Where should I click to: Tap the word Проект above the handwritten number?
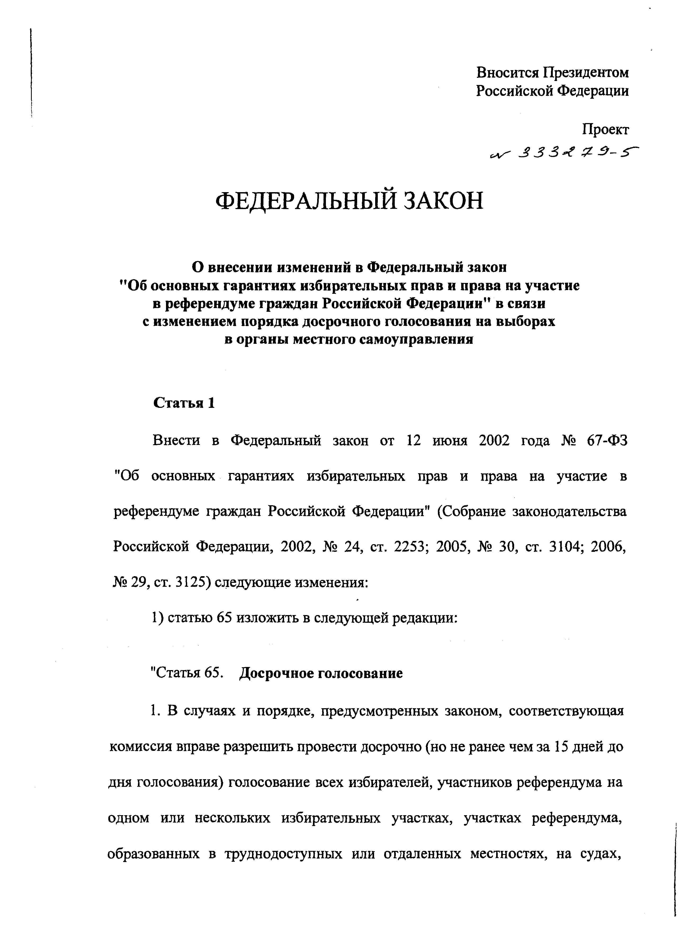coord(605,130)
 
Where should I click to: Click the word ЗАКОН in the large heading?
coord(442,201)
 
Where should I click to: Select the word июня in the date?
coord(450,441)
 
